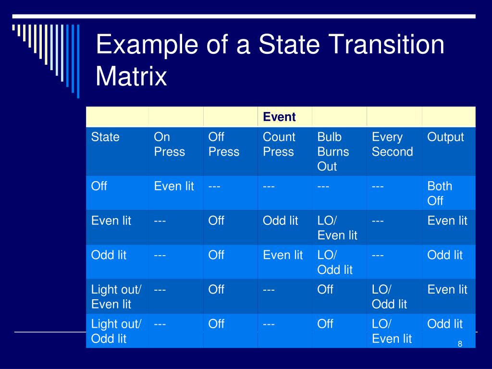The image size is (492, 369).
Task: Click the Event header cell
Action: [279, 117]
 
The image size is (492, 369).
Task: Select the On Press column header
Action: [169, 144]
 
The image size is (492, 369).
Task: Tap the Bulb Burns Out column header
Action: [333, 151]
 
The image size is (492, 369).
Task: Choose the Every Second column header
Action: [392, 144]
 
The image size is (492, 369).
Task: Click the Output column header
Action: [445, 137]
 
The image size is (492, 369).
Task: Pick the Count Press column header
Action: [279, 144]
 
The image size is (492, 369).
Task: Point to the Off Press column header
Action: [223, 144]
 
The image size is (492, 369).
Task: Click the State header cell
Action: [105, 137]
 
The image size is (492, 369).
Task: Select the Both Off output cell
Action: [440, 193]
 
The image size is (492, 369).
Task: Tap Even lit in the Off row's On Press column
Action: [174, 186]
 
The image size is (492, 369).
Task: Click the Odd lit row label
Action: [109, 255]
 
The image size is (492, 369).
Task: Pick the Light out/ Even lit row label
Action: [116, 296]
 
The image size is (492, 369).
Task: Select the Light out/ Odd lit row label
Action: [116, 331]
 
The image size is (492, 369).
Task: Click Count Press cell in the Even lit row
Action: [280, 221]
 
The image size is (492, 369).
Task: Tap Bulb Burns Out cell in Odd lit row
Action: [335, 262]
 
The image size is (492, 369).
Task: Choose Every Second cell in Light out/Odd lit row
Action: [392, 331]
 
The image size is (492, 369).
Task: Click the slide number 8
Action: [460, 344]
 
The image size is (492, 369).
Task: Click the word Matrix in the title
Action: [131, 76]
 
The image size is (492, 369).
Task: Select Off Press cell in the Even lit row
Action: [216, 221]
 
